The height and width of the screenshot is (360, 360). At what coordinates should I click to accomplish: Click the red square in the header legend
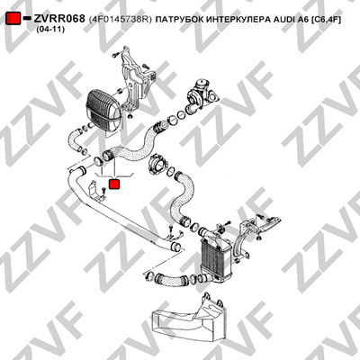[13, 19]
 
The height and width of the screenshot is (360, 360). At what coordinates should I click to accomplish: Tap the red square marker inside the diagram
[114, 184]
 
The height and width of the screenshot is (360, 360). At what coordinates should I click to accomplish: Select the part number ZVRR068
[59, 19]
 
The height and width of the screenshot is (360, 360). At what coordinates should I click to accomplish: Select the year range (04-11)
[49, 30]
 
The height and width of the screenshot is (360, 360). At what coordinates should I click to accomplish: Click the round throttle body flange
[157, 164]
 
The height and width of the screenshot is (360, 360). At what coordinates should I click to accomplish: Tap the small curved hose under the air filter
[74, 139]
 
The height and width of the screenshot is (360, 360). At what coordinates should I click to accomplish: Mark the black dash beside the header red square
[27, 18]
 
